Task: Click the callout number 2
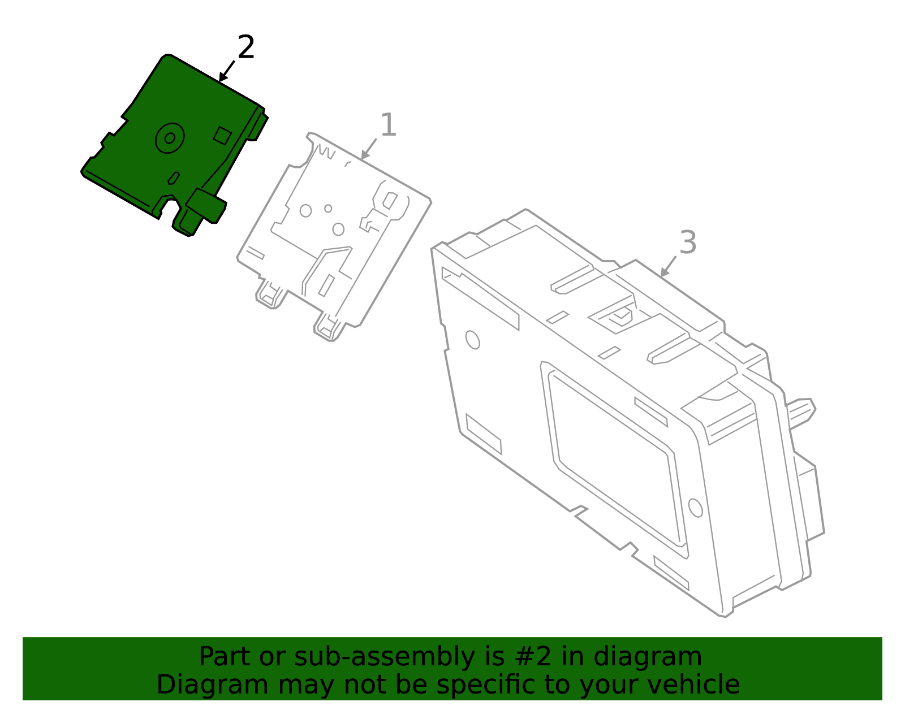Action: point(245,46)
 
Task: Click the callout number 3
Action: point(688,242)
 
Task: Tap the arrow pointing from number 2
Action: point(227,71)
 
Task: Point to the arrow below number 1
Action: point(369,149)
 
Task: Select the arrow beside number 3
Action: point(669,266)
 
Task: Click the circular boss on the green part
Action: point(170,138)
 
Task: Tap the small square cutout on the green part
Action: point(222,136)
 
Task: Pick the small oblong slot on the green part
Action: point(174,178)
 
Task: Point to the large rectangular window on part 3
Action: point(617,458)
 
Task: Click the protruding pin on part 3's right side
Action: point(801,413)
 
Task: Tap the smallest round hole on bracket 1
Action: point(328,209)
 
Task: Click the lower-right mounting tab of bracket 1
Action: point(329,327)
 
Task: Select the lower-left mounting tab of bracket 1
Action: point(271,294)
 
